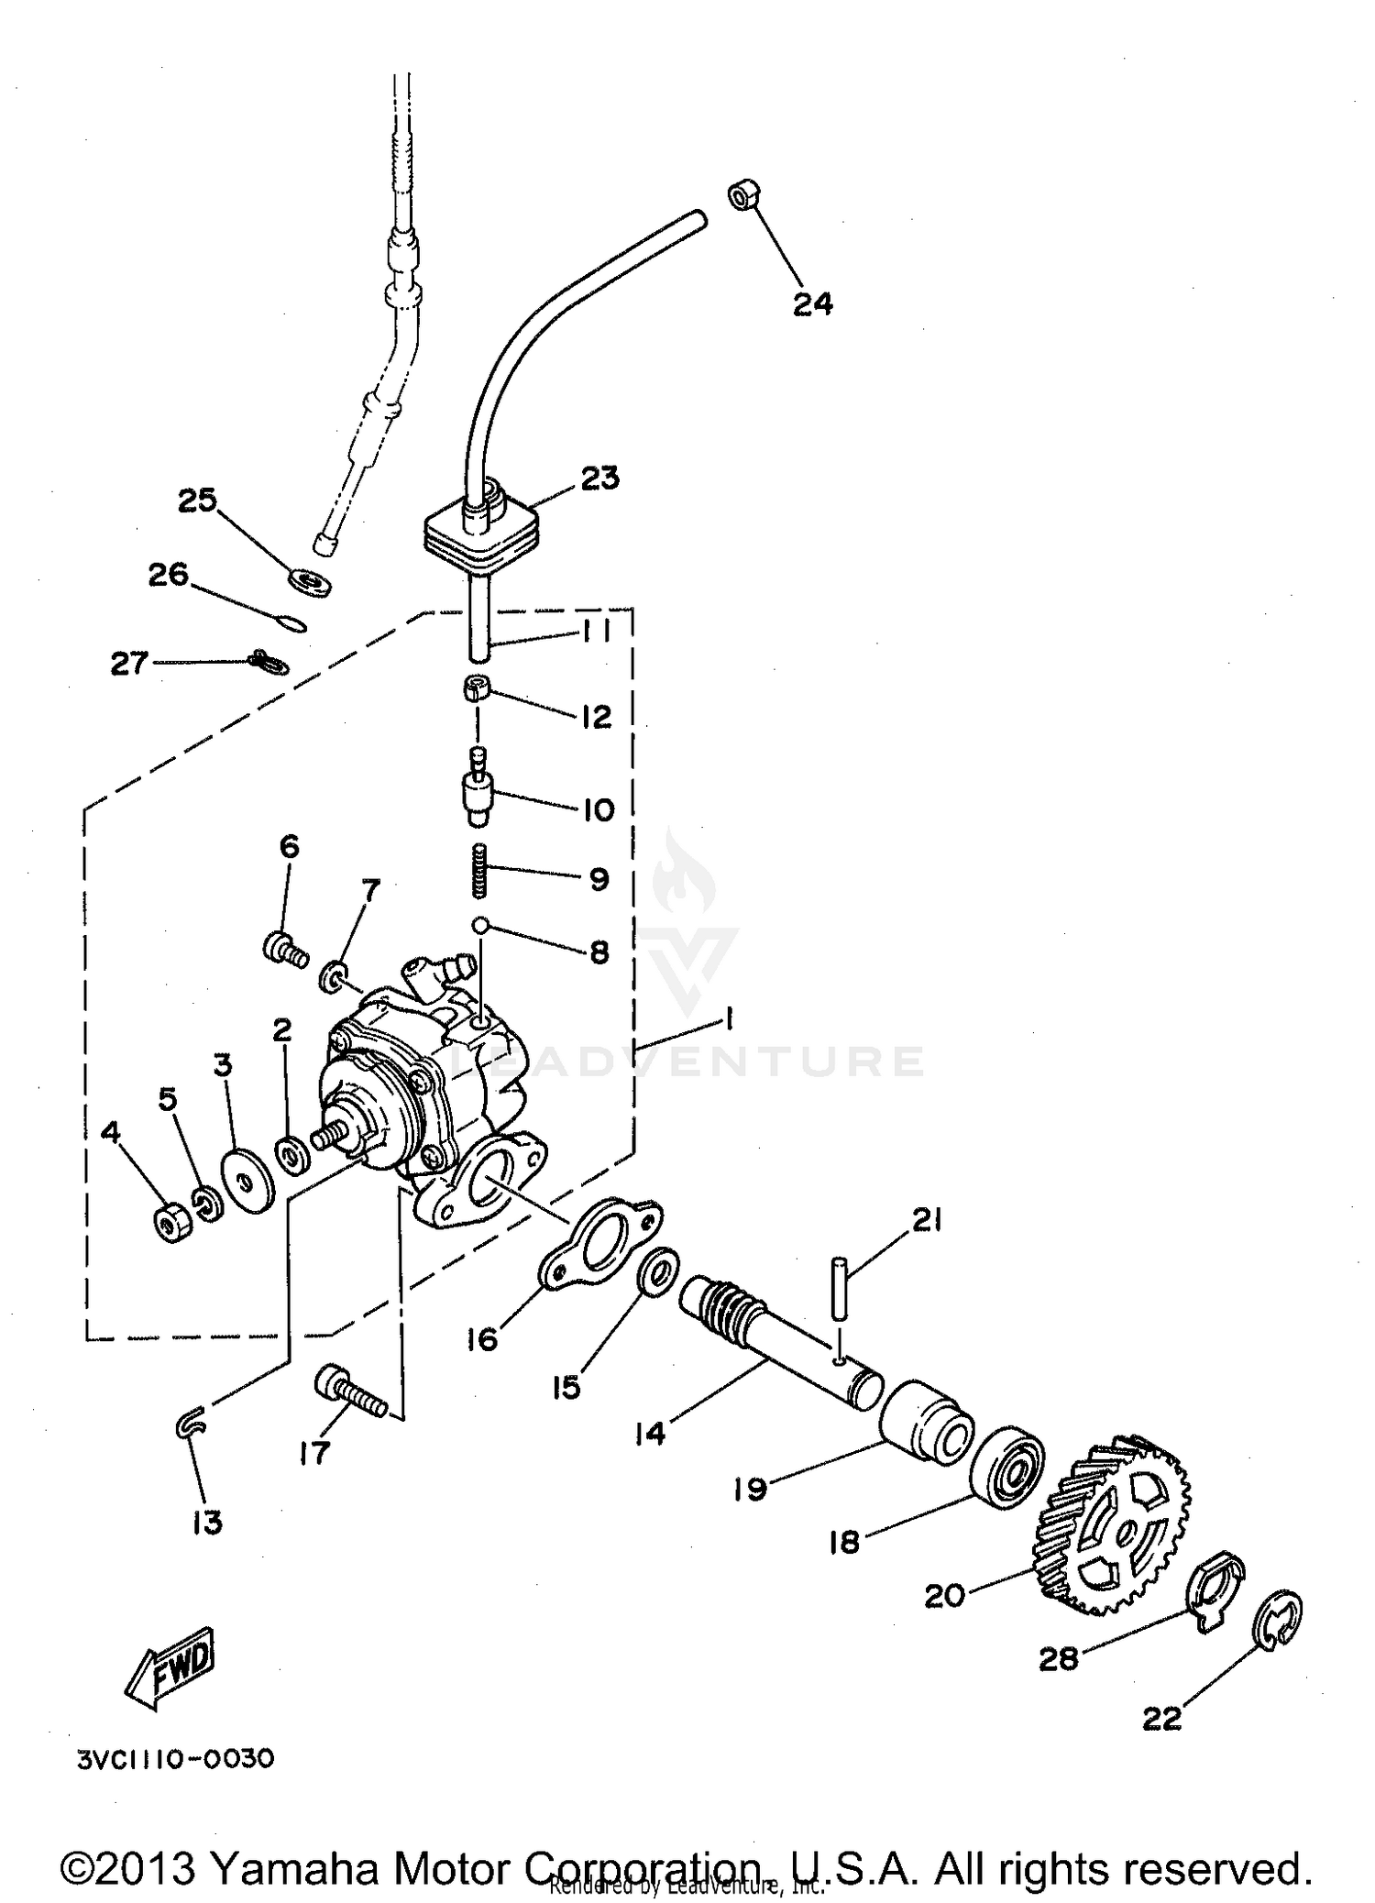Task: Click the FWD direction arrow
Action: [x=170, y=1671]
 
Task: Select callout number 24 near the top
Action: [x=812, y=302]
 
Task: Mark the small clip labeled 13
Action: [x=191, y=1424]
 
